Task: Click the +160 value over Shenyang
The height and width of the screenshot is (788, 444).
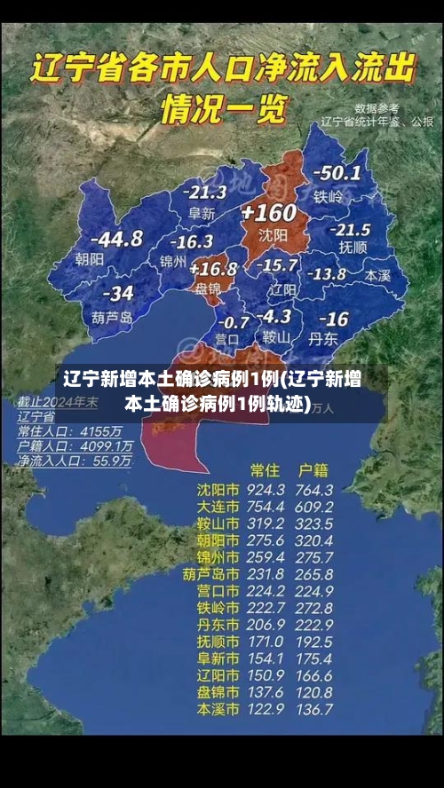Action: pyautogui.click(x=268, y=213)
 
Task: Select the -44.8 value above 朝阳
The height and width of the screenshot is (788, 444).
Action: pyautogui.click(x=118, y=239)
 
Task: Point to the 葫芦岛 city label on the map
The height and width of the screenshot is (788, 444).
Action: pyautogui.click(x=112, y=317)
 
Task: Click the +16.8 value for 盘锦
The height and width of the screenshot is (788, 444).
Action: pyautogui.click(x=213, y=268)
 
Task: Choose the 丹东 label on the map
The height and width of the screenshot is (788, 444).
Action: pyautogui.click(x=321, y=338)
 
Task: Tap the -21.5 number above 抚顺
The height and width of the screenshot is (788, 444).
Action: pyautogui.click(x=350, y=229)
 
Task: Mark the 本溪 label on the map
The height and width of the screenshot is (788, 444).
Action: pyautogui.click(x=377, y=275)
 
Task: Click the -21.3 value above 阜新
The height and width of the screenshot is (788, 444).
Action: pyautogui.click(x=204, y=192)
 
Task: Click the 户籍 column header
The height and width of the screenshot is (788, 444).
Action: pyautogui.click(x=313, y=469)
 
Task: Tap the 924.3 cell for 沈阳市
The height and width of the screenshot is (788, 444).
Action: pyautogui.click(x=266, y=490)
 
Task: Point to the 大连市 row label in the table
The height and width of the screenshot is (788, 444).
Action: pyautogui.click(x=218, y=507)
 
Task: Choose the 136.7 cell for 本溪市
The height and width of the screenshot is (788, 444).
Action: pyautogui.click(x=314, y=710)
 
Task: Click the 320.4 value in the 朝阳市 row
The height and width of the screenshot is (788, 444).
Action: pyautogui.click(x=314, y=540)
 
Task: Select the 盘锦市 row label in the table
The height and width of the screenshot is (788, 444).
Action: pyautogui.click(x=218, y=693)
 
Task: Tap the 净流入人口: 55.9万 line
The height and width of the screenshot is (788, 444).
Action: pyautogui.click(x=75, y=461)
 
